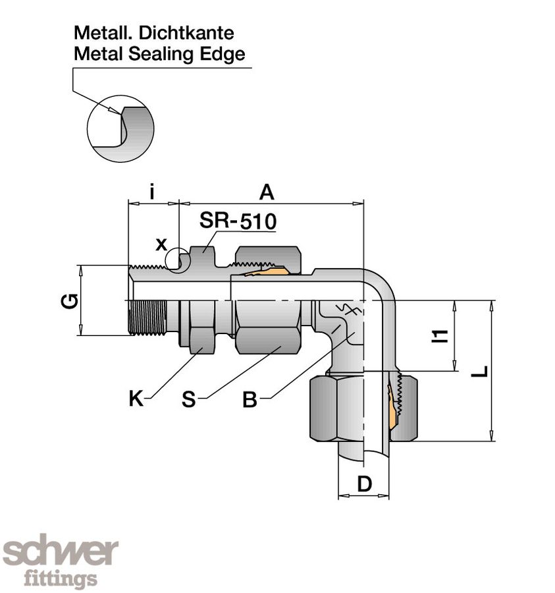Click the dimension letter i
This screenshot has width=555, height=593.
152,192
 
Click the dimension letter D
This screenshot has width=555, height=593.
364,484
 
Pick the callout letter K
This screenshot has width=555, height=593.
136,399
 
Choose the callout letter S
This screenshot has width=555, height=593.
189,399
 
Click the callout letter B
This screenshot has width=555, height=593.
250,399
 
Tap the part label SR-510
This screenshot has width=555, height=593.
238,221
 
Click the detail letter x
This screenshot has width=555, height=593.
161,244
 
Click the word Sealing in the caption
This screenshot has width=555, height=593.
152,54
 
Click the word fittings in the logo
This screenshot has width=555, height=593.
61,579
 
